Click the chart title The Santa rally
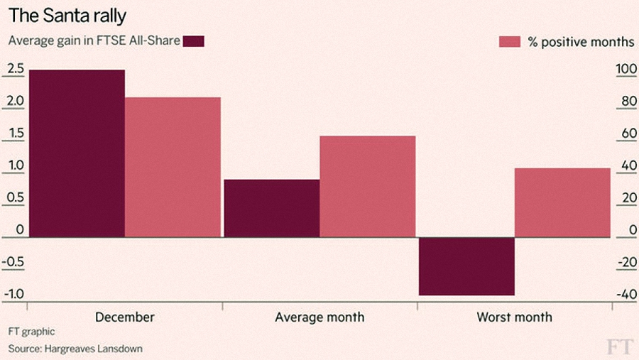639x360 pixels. pos(67,16)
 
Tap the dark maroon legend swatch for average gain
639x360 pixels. pos(194,41)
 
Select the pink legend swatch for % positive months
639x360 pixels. pos(510,42)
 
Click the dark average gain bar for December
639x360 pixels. pos(77,153)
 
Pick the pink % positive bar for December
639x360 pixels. pos(173,167)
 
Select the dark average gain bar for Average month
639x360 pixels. pos(272,208)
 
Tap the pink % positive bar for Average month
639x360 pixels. pos(368,186)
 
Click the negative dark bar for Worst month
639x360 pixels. pos(466,266)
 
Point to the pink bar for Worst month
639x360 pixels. pos(562,202)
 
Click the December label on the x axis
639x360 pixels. pos(125,317)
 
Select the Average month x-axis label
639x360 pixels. pos(319,317)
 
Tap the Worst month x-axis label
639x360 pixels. pos(514,317)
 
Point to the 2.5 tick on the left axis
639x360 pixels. pos(16,69)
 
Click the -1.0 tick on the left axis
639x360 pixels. pos(13,294)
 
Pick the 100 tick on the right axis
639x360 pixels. pos(626,69)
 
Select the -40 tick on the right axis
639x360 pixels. pos(627,294)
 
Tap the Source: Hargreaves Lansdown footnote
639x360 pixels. pos(75,349)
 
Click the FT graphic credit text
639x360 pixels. pos(31,332)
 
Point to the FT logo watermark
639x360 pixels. pos(620,347)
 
